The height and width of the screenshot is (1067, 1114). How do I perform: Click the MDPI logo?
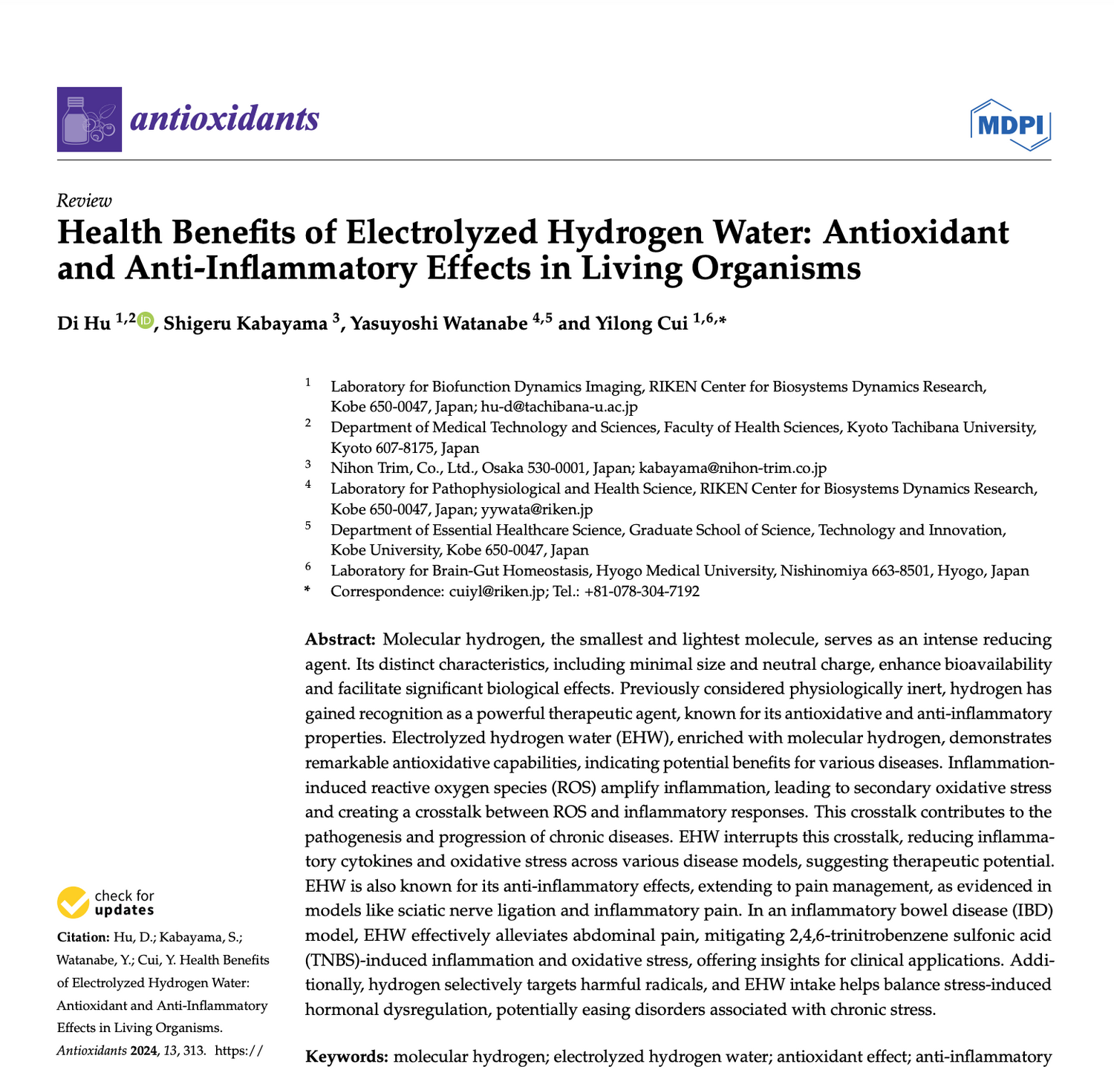click(1010, 125)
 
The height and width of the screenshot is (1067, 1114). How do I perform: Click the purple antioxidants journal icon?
click(89, 120)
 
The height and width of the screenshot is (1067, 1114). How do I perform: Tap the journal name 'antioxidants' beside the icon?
click(224, 119)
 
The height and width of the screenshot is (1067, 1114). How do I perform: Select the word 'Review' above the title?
click(84, 200)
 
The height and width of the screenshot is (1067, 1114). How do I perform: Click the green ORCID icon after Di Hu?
click(145, 321)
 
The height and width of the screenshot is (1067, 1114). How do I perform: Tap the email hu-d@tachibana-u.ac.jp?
click(559, 407)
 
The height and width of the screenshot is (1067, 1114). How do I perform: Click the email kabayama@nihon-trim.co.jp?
click(732, 469)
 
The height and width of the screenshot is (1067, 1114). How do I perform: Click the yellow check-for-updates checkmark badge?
click(72, 902)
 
